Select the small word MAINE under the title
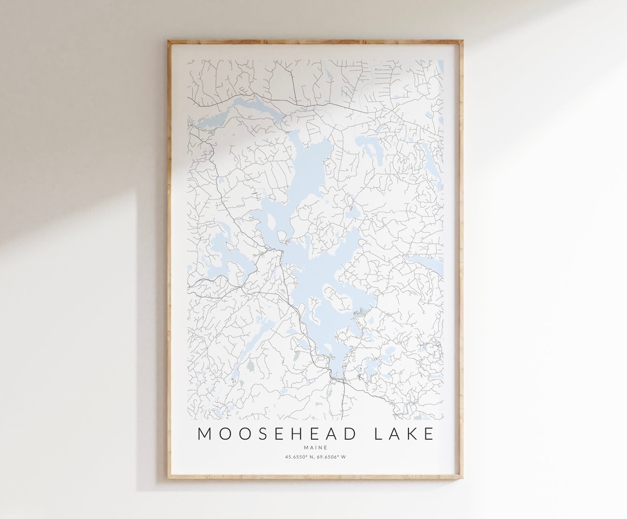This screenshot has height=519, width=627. (x=315, y=447)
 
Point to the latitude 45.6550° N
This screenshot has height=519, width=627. (x=299, y=457)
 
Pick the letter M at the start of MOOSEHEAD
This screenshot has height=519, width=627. (x=204, y=434)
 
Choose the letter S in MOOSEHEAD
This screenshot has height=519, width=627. (x=262, y=434)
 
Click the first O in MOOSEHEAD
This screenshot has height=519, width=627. (x=224, y=434)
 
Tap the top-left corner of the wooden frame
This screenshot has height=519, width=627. (x=169, y=41)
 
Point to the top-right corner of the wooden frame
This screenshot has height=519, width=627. (x=462, y=41)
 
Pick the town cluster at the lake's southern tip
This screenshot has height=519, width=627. (x=337, y=378)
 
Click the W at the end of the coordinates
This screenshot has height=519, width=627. (x=344, y=457)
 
